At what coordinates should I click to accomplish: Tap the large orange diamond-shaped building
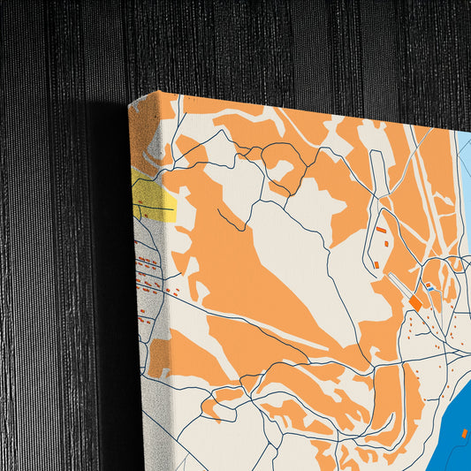tap(415, 302)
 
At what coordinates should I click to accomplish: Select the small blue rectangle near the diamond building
tap(429, 286)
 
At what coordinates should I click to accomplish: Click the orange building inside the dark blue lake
tap(465, 433)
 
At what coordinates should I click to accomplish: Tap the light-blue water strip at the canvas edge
tap(463, 177)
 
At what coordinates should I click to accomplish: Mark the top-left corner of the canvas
tap(130, 103)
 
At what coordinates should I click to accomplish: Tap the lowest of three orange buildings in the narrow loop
tap(376, 263)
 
